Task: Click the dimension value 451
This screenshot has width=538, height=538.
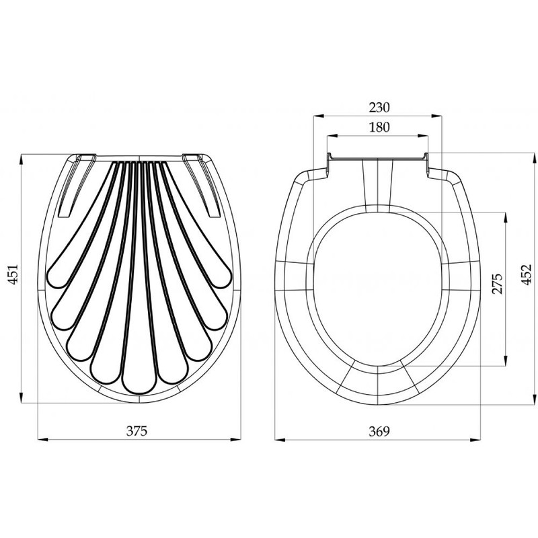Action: [13, 274]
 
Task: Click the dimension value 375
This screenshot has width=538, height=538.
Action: [137, 431]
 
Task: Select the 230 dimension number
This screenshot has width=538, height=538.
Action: [379, 108]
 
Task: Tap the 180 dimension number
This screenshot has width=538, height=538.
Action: [379, 127]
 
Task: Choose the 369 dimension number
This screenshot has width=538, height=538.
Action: [379, 431]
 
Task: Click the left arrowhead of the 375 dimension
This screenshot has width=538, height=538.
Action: [42, 439]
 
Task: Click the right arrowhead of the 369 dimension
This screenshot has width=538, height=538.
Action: [475, 439]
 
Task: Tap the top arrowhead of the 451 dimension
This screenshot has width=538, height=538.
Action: [22, 159]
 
